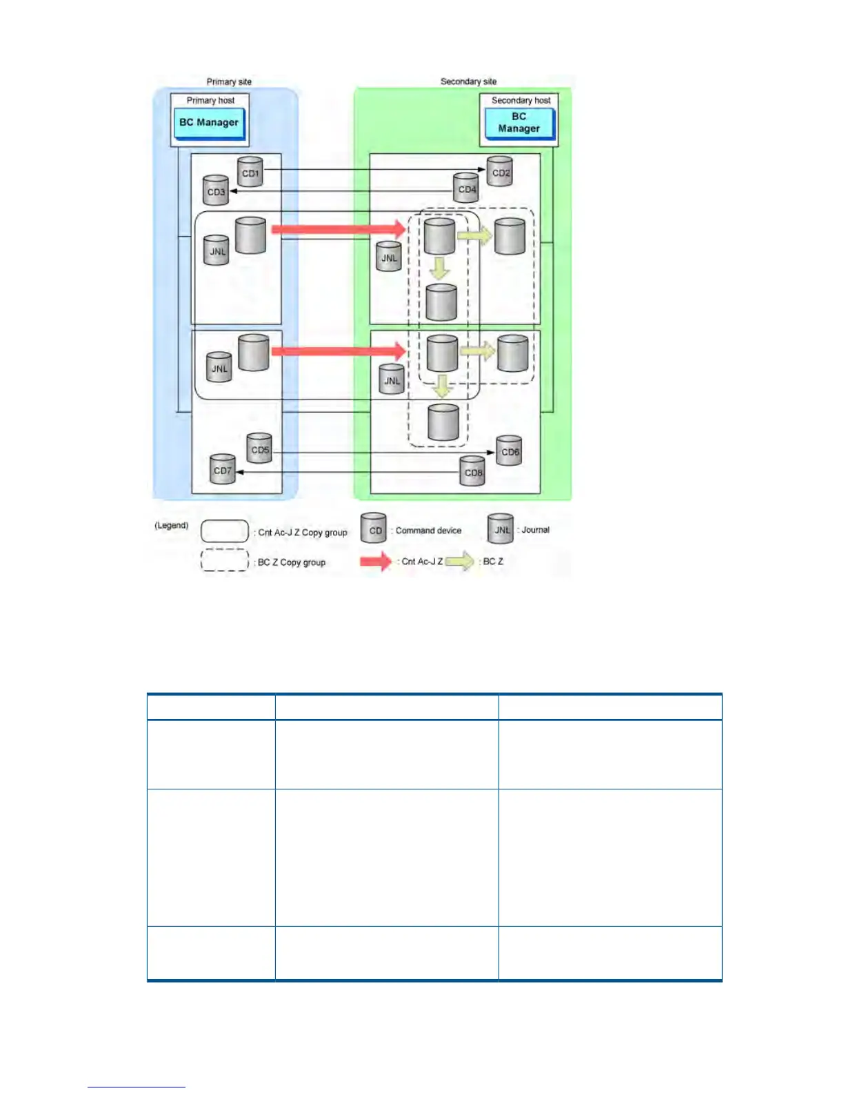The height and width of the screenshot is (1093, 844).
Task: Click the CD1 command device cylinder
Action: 250,172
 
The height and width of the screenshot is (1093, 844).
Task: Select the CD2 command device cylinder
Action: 501,172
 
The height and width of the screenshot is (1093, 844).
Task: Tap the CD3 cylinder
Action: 216,190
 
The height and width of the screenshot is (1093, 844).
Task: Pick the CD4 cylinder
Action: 467,188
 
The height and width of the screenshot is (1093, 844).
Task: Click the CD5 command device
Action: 259,449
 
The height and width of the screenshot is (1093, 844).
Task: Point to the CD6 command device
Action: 510,451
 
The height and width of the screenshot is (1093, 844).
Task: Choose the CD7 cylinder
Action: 222,469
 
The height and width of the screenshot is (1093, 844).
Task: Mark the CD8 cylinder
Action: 473,471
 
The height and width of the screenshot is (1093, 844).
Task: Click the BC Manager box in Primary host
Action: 209,123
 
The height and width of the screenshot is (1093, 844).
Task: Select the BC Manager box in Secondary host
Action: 519,123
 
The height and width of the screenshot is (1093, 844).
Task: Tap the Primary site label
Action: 229,81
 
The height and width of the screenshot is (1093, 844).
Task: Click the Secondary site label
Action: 468,81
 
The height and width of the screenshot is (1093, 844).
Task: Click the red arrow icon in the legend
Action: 376,561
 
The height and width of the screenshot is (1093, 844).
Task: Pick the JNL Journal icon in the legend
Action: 501,529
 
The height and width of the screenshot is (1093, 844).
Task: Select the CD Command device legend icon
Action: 374,529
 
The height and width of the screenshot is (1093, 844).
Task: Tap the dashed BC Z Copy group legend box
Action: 225,560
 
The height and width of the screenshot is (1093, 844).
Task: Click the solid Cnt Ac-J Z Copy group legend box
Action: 225,531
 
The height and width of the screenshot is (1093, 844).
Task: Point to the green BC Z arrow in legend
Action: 460,561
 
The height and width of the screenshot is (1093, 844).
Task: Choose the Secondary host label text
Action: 521,100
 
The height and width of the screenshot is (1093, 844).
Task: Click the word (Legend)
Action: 171,525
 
